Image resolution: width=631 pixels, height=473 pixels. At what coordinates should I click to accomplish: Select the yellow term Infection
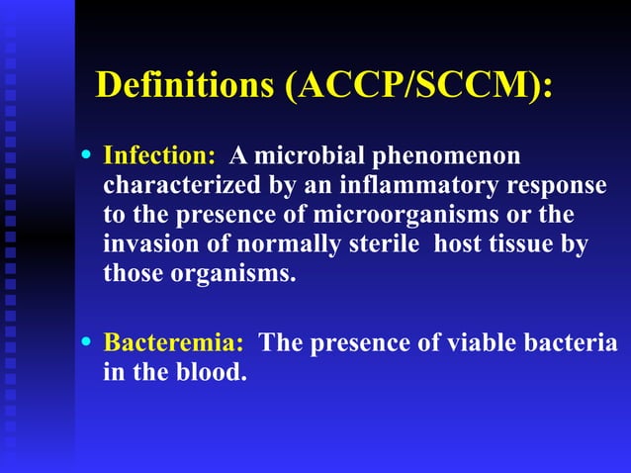pyautogui.click(x=159, y=156)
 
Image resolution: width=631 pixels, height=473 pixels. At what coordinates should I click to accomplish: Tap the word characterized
pyautogui.click(x=167, y=186)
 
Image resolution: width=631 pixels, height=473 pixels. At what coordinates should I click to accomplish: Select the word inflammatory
pyautogui.click(x=405, y=186)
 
